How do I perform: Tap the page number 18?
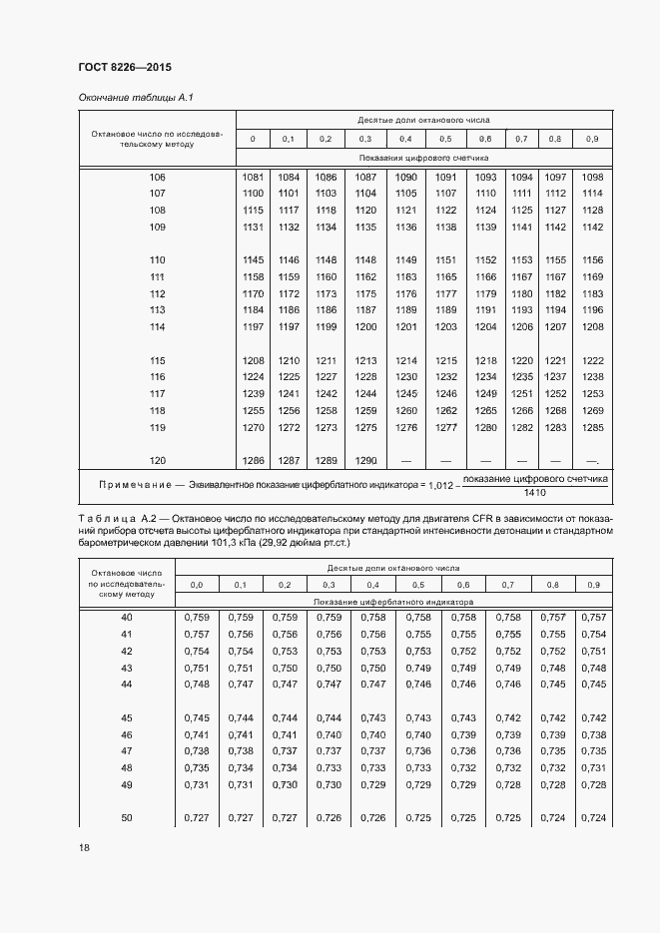click(83, 847)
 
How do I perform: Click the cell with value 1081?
click(253, 177)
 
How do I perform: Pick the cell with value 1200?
click(365, 326)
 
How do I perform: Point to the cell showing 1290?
click(365, 461)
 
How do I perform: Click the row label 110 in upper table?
click(157, 260)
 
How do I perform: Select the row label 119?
click(157, 427)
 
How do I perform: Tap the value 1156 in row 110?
click(592, 260)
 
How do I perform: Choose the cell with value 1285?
click(592, 427)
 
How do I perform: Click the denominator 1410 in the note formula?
click(535, 492)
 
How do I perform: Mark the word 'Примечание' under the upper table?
click(135, 484)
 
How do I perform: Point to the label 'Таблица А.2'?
click(112, 520)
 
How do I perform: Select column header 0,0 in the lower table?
click(197, 584)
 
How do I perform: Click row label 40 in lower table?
click(126, 618)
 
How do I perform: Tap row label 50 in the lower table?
click(126, 818)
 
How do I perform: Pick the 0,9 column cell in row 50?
click(593, 818)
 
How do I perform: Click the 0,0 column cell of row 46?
click(197, 734)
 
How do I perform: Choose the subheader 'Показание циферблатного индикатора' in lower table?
click(393, 602)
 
